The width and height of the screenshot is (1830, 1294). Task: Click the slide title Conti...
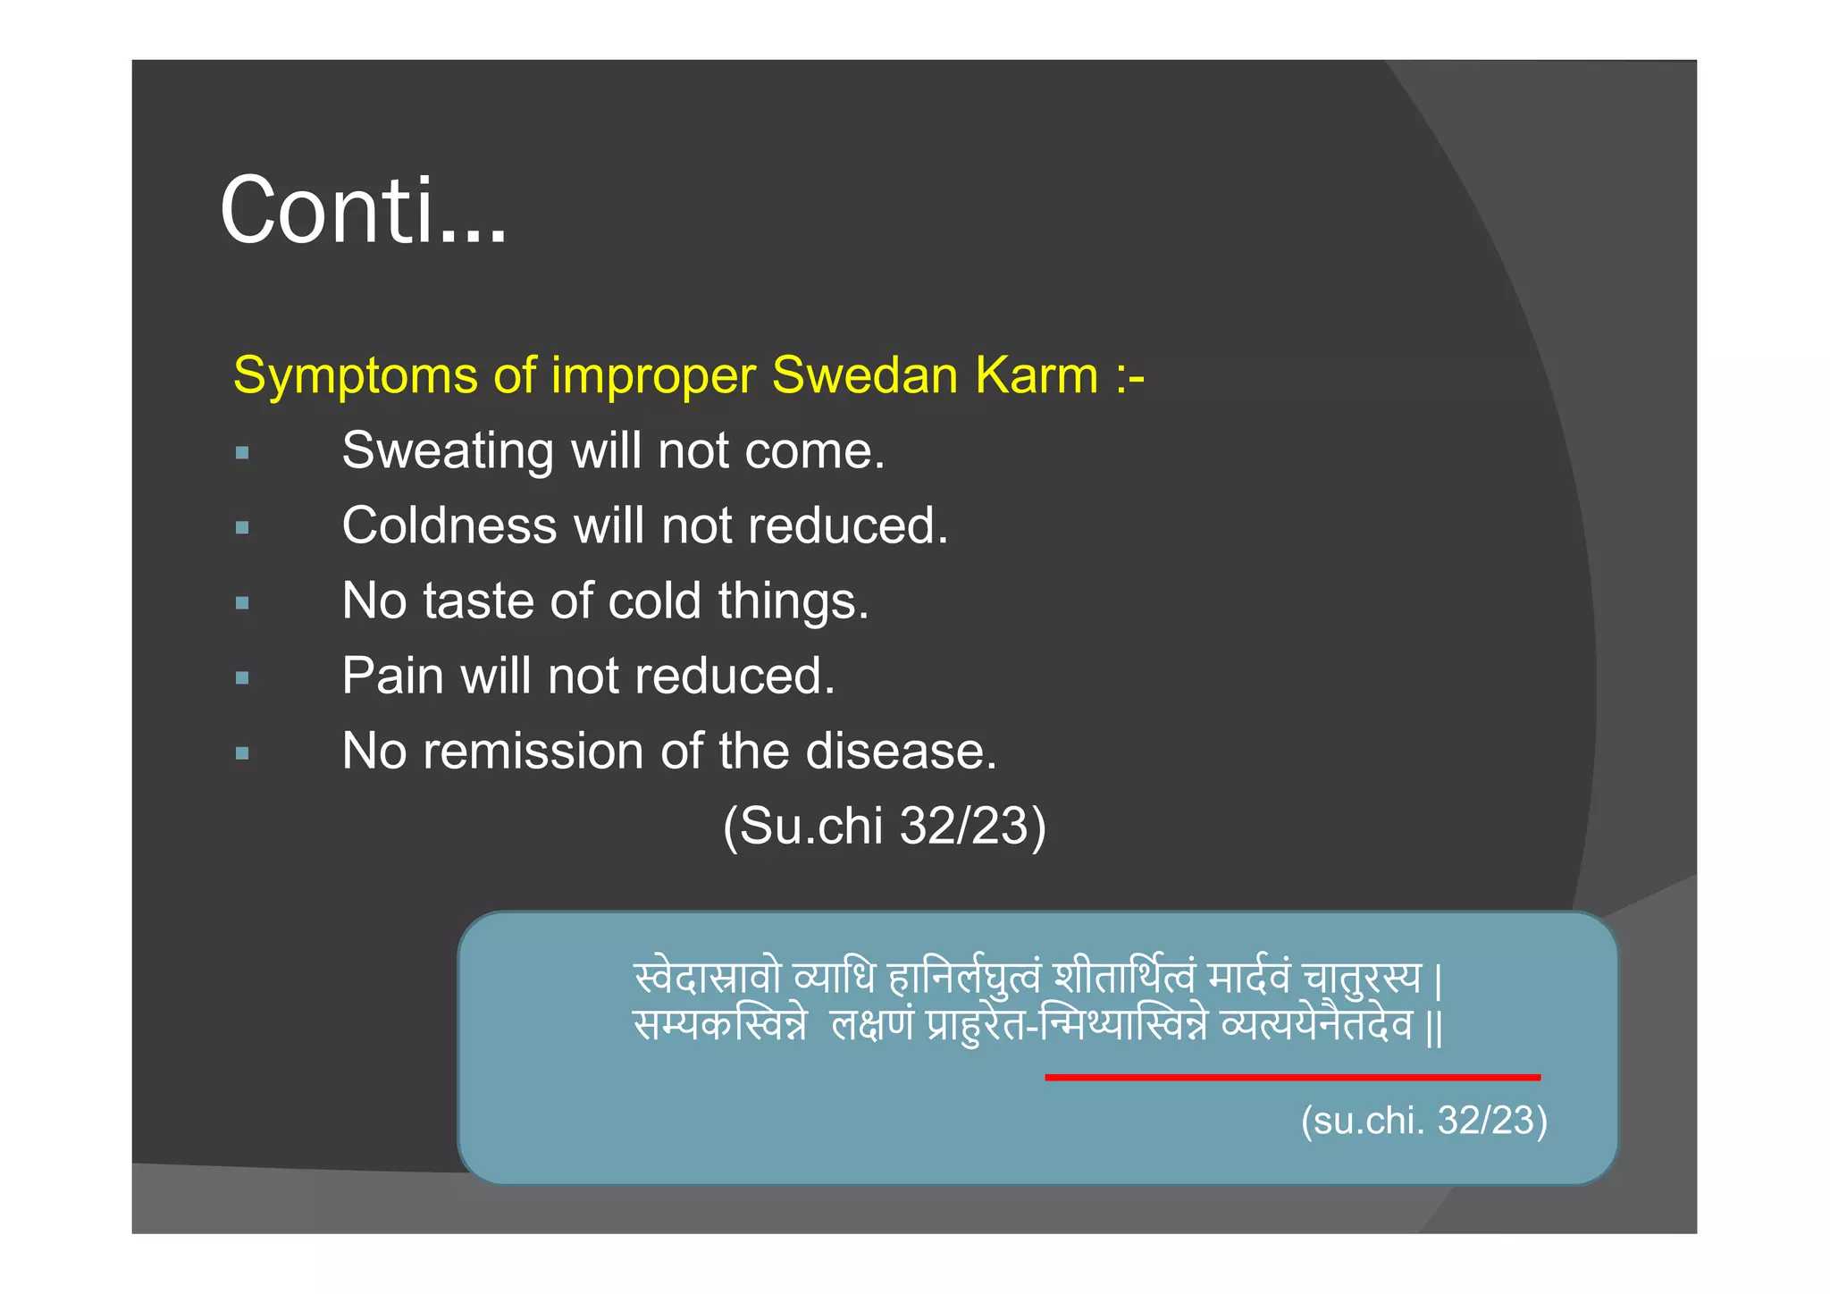click(363, 211)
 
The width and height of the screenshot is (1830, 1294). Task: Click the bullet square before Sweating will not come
click(242, 453)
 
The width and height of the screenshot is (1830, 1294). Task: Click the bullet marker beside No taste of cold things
click(242, 603)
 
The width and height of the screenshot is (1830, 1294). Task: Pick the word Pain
click(392, 676)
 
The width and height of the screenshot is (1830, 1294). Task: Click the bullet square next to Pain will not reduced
click(242, 678)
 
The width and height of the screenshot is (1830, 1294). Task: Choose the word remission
click(533, 751)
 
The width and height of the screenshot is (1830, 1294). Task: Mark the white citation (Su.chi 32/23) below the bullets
click(884, 826)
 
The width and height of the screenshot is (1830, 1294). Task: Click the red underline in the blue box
click(1292, 1078)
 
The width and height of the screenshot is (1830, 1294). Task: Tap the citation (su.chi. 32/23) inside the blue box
click(1423, 1121)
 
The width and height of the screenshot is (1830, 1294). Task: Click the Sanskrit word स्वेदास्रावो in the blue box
click(707, 978)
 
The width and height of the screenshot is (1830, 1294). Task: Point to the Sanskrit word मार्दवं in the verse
click(1248, 978)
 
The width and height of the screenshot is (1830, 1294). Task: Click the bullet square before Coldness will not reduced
click(242, 528)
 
